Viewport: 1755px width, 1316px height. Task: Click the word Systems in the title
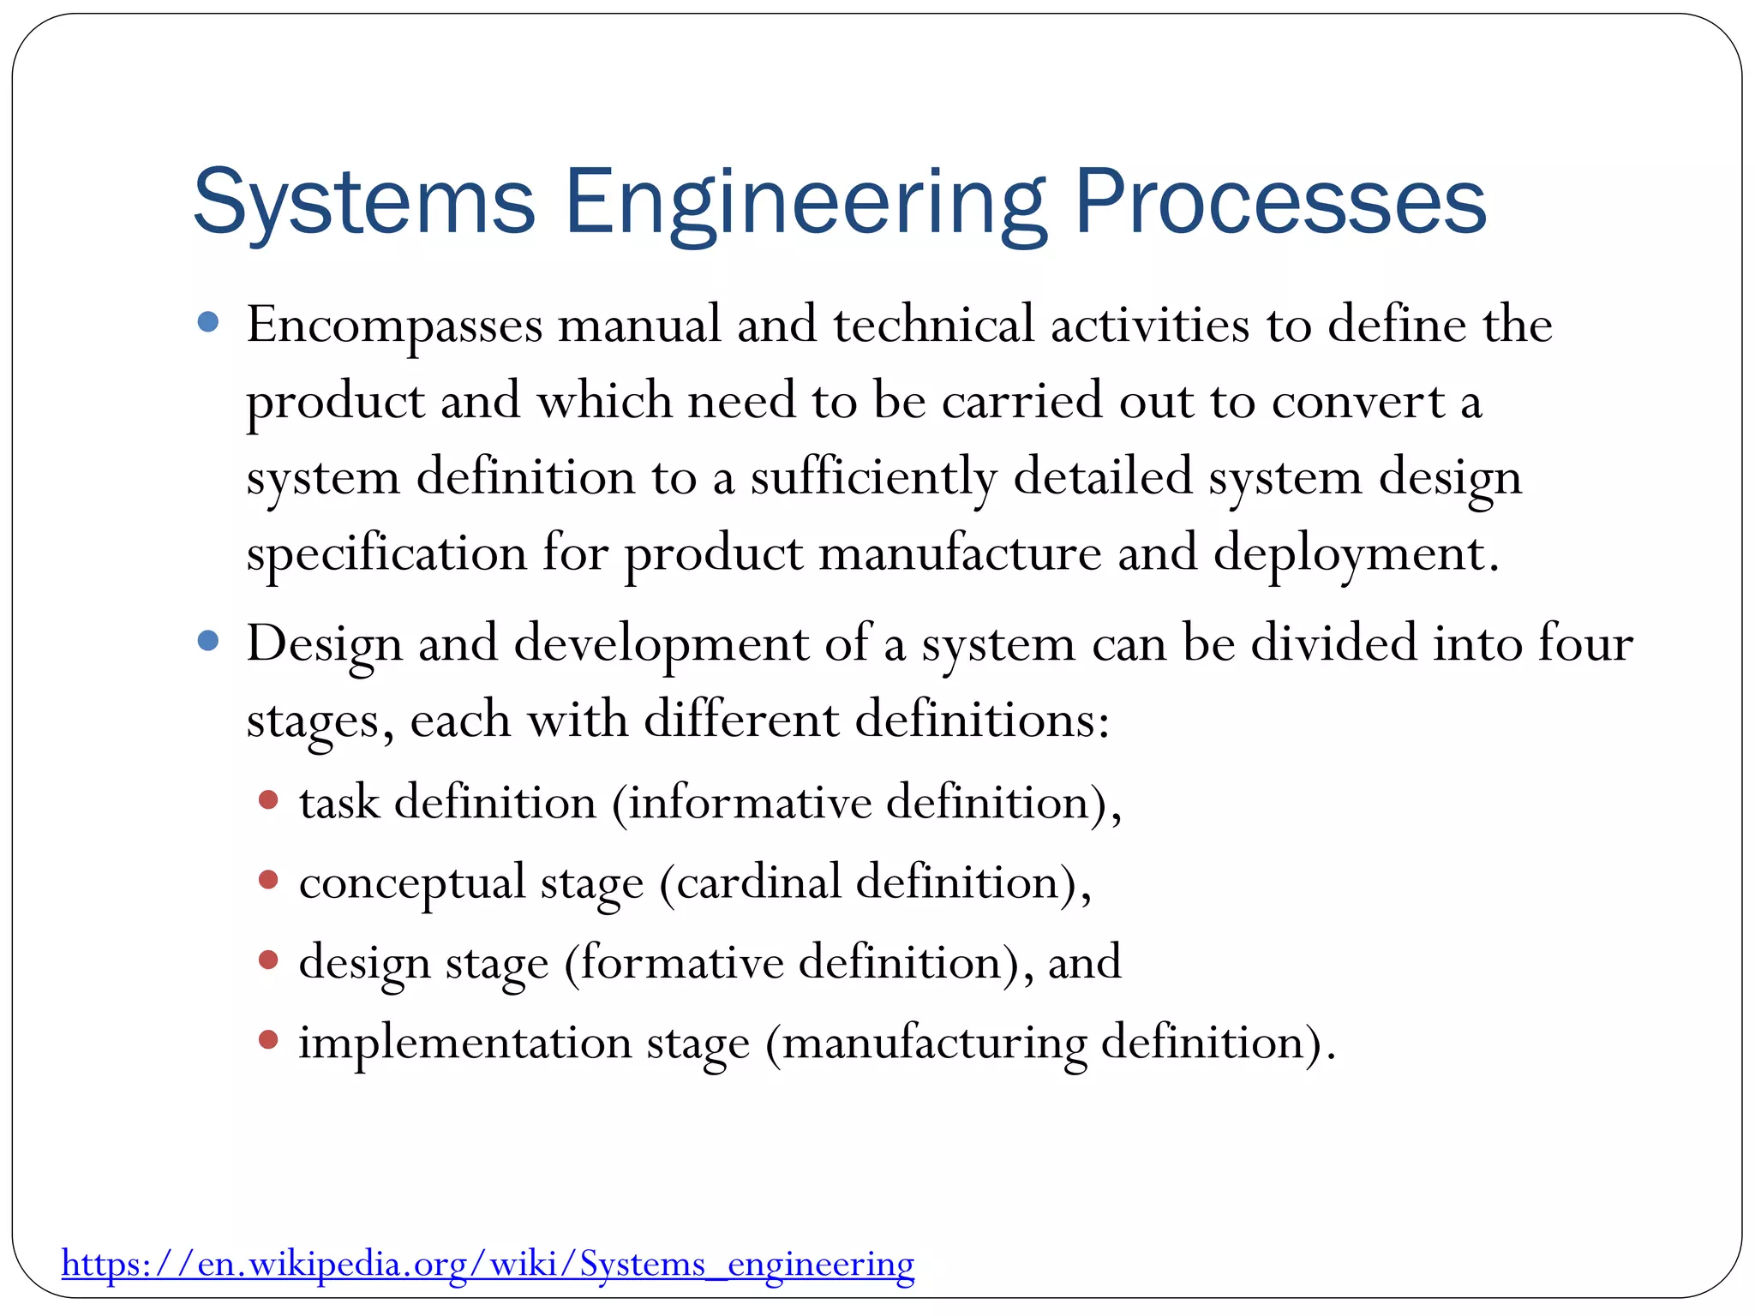364,202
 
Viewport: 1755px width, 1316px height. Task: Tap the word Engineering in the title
805,202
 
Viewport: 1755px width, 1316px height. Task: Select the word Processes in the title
1279,202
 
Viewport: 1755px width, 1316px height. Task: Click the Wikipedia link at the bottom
488,1264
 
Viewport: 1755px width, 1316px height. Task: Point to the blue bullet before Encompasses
208,322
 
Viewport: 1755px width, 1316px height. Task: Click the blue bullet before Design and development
208,641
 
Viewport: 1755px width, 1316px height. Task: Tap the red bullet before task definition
268,800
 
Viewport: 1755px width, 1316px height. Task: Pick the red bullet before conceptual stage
268,880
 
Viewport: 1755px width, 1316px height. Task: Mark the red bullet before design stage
268,960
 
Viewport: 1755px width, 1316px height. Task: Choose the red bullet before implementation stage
268,1039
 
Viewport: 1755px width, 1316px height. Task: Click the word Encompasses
395,326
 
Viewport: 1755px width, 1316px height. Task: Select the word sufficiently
874,477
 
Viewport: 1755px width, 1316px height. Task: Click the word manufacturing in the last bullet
934,1043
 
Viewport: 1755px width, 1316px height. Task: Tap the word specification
386,553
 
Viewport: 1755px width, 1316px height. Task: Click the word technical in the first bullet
934,326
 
